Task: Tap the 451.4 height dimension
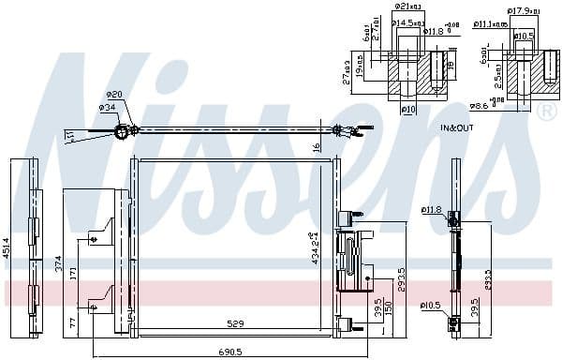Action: pos(7,247)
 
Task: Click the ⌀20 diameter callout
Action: pos(114,95)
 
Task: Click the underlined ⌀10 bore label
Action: pos(408,110)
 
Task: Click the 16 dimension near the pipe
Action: pos(318,146)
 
